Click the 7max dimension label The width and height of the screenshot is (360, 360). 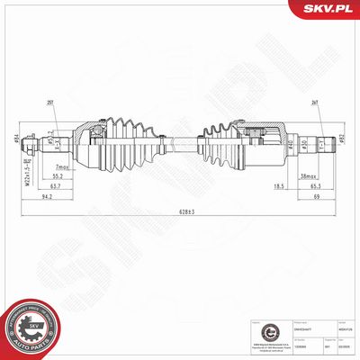[62, 168]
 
